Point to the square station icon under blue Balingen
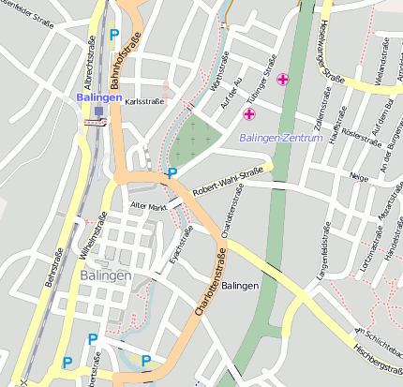(98, 112)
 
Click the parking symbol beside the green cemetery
(171, 172)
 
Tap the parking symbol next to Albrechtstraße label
(114, 35)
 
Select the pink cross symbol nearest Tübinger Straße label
(282, 80)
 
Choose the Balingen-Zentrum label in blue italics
(281, 138)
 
